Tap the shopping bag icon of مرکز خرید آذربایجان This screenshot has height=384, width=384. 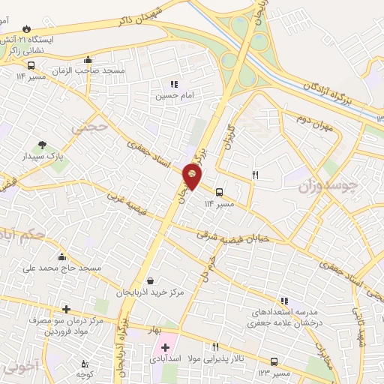tap(152, 281)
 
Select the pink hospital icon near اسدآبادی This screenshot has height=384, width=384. tap(165, 347)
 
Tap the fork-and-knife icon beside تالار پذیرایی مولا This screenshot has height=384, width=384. tap(216, 346)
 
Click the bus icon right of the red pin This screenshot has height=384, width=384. tap(219, 192)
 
